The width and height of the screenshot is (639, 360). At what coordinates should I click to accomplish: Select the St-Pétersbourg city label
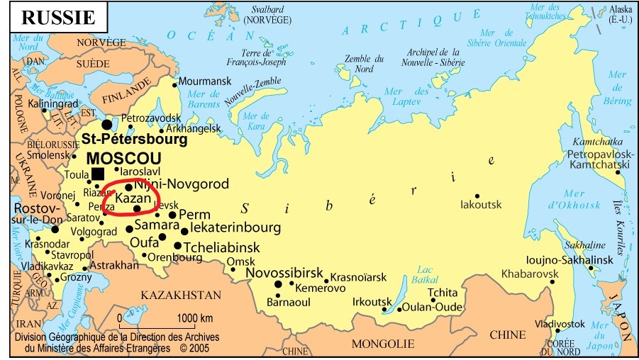pyautogui.click(x=134, y=140)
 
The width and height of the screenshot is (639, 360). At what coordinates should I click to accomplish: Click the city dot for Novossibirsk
pyautogui.click(x=278, y=285)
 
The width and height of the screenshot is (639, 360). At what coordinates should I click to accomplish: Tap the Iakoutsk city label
pyautogui.click(x=481, y=205)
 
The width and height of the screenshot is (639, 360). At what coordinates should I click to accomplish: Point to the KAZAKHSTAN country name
pyautogui.click(x=181, y=295)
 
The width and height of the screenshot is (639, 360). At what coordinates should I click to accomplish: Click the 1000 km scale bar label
pyautogui.click(x=194, y=317)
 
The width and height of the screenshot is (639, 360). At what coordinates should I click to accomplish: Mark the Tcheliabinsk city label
pyautogui.click(x=221, y=247)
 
